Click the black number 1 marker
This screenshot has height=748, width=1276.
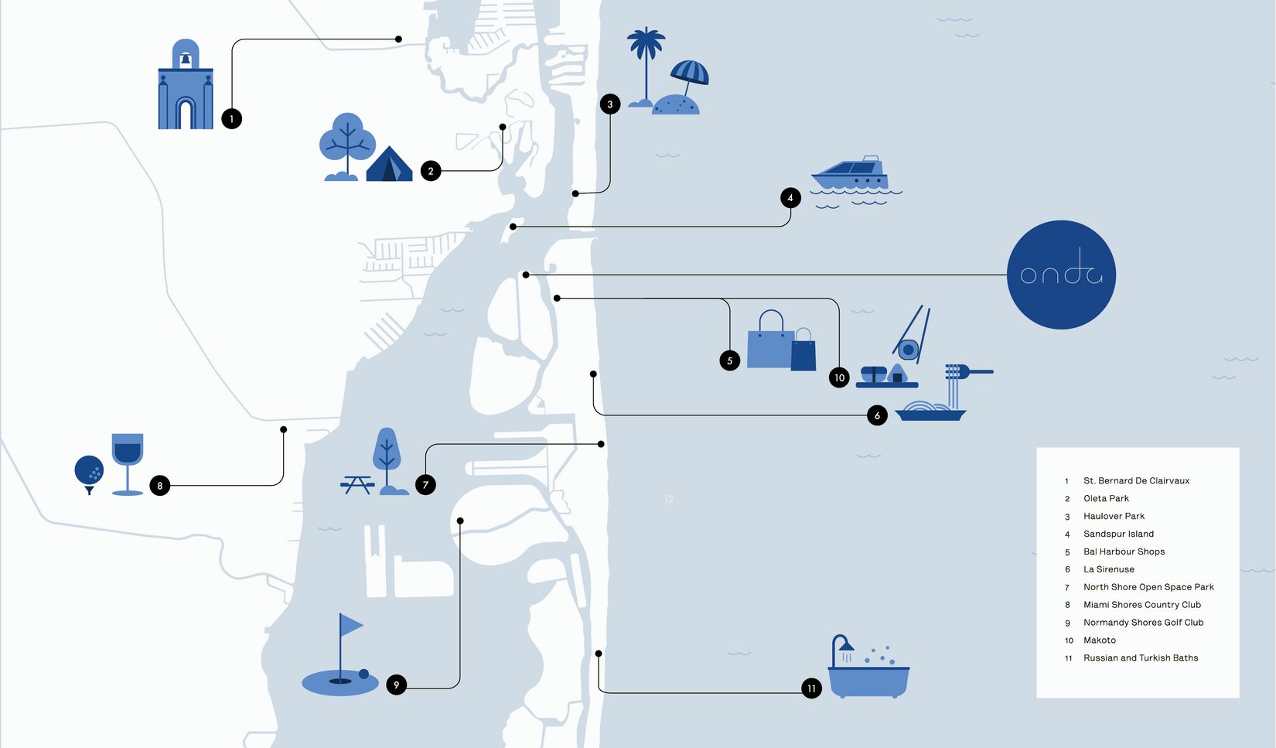point(231,119)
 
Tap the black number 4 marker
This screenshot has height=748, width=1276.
point(790,198)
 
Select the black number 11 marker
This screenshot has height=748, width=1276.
point(811,688)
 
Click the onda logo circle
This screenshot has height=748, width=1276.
point(1061,275)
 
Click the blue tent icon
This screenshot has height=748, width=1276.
point(389,164)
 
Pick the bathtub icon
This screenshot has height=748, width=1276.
point(868,667)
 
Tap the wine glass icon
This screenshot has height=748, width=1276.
point(128,464)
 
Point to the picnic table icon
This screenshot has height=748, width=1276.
point(357,485)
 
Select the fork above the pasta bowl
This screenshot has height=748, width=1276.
point(969,372)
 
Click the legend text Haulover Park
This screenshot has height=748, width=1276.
point(1114,516)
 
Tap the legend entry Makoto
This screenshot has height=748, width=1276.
point(1100,640)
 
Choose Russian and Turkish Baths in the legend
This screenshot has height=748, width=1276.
point(1141,658)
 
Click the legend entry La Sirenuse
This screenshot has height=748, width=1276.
point(1108,569)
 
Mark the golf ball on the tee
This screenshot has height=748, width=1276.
point(90,470)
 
